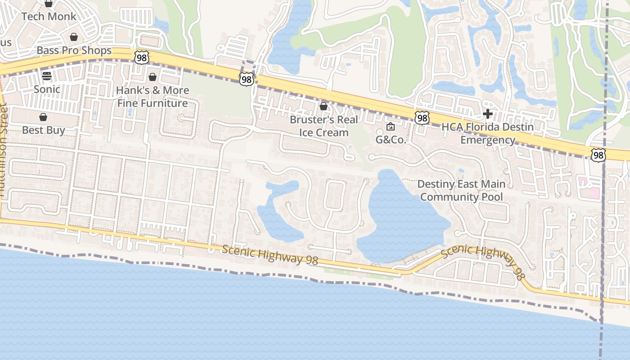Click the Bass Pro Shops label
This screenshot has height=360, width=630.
[74, 50]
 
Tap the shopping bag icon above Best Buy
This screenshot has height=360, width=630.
[43, 117]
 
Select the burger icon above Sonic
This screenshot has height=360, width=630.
[47, 76]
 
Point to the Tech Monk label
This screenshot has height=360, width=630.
[49, 17]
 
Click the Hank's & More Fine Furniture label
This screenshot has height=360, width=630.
[153, 97]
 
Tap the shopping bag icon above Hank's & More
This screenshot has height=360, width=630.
[153, 77]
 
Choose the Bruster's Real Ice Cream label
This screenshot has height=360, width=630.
[324, 126]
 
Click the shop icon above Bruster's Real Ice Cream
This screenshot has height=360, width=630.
[323, 106]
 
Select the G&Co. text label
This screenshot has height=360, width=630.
[391, 140]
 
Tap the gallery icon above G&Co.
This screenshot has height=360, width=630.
[391, 126]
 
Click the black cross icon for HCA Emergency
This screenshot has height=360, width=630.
[487, 114]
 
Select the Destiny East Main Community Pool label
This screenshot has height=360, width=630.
[461, 190]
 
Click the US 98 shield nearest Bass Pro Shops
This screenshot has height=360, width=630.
[141, 57]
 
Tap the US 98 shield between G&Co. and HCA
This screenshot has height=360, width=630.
[422, 118]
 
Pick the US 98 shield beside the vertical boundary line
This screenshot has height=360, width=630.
[598, 155]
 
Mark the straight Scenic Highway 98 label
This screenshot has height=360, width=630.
[270, 255]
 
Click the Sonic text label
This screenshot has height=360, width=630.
[47, 89]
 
